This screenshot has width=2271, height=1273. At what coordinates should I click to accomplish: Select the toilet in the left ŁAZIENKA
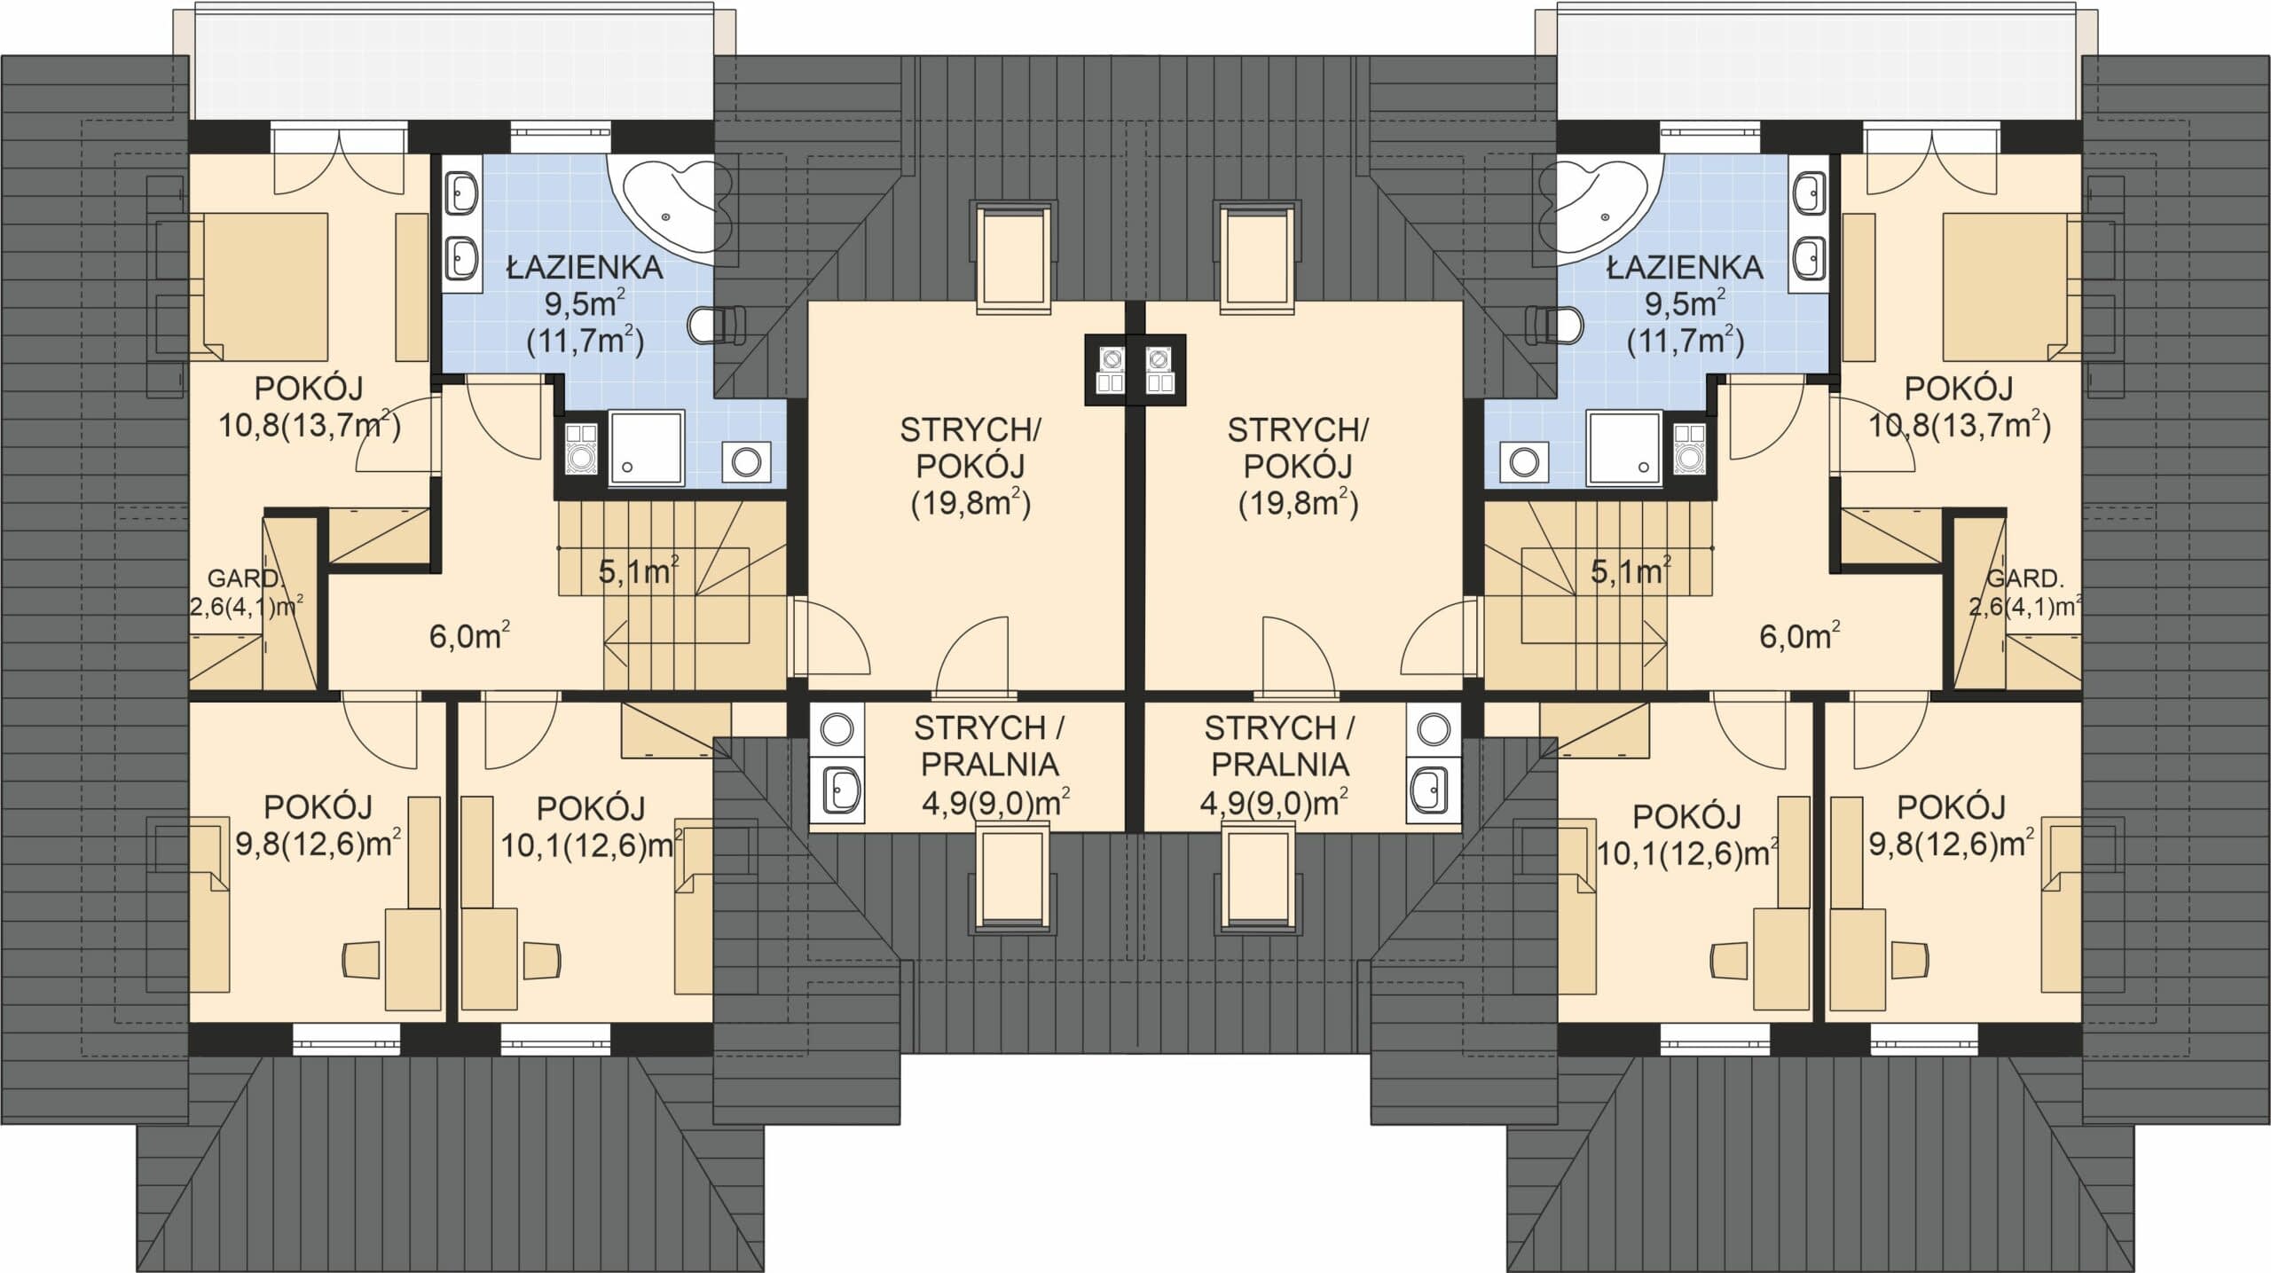pos(718,325)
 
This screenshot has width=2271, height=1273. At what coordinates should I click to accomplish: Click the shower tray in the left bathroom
pos(647,447)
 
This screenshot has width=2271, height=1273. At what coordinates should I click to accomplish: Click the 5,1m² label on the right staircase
pos(1631,570)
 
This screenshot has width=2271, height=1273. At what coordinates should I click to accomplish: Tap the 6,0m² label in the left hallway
pos(469,636)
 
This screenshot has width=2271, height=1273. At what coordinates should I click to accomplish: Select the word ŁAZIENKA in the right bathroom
pos(1686,267)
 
